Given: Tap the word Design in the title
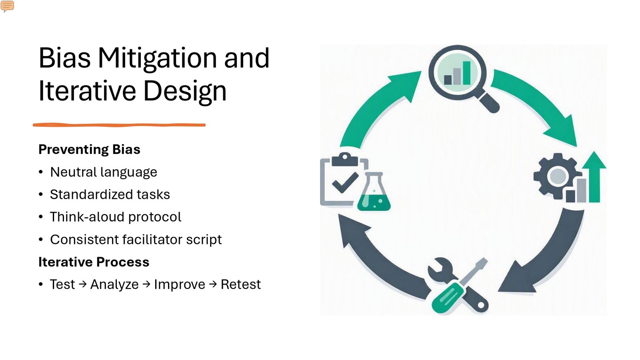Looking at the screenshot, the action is click(x=185, y=91).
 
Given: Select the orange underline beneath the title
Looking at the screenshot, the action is click(x=119, y=125).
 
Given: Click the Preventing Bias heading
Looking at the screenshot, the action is click(x=90, y=150).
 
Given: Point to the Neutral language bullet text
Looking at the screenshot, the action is click(x=104, y=172).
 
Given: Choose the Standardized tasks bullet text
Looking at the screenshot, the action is click(x=110, y=194).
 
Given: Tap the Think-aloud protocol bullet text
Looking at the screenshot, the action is click(x=116, y=217).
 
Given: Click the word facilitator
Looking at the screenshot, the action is click(x=152, y=240).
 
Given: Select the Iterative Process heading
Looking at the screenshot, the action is click(x=94, y=262).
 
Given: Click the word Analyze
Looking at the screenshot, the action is click(x=114, y=284).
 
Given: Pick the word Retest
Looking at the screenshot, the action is click(x=240, y=284).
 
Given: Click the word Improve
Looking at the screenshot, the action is click(x=180, y=284).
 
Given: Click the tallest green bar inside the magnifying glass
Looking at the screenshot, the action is click(x=466, y=73).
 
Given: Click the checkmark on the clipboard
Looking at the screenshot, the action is click(x=345, y=182).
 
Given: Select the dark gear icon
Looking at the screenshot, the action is click(x=558, y=176).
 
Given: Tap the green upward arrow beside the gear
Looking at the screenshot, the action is click(x=594, y=177).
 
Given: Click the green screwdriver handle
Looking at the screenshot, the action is click(x=448, y=298).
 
